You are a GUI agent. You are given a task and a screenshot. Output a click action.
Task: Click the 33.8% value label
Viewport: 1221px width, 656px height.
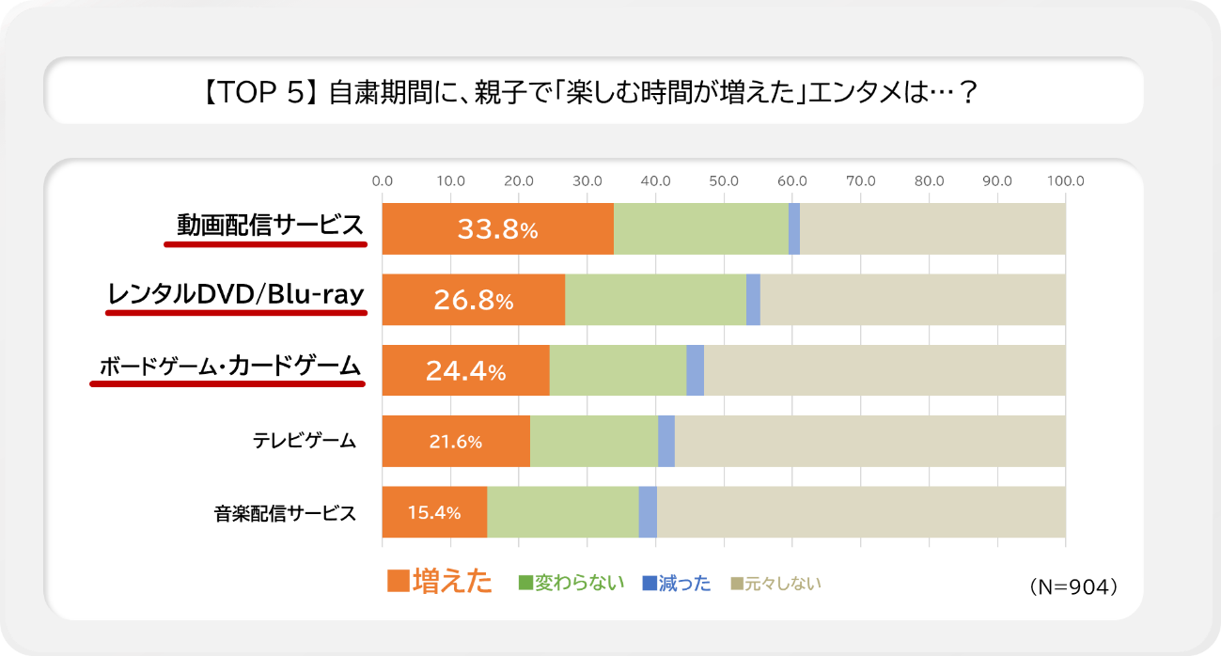pyautogui.click(x=497, y=228)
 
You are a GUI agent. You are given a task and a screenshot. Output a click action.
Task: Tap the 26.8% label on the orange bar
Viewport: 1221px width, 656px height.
pyautogui.click(x=473, y=300)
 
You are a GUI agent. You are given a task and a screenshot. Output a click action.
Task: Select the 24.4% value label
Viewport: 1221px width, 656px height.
pyautogui.click(x=465, y=371)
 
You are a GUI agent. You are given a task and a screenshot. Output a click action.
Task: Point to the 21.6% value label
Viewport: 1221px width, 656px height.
pyautogui.click(x=455, y=441)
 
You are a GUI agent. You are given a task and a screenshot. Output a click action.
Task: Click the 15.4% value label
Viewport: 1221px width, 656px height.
pyautogui.click(x=433, y=512)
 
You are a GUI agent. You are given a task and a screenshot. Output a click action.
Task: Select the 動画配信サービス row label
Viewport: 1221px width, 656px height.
pyautogui.click(x=269, y=226)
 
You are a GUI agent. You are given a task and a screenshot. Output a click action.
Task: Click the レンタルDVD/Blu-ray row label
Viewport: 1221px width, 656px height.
pyautogui.click(x=236, y=295)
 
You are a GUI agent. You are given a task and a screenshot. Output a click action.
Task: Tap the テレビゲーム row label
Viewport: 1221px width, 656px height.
pyautogui.click(x=304, y=440)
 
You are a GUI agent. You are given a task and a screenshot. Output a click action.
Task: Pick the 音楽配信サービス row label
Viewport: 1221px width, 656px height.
pyautogui.click(x=285, y=513)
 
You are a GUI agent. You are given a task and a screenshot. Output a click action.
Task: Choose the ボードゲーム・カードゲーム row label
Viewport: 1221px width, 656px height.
pyautogui.click(x=228, y=366)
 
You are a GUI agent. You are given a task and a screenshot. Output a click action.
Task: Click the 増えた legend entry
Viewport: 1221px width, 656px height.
pyautogui.click(x=440, y=582)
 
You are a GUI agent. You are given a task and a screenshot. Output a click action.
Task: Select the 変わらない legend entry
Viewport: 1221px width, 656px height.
pyautogui.click(x=571, y=583)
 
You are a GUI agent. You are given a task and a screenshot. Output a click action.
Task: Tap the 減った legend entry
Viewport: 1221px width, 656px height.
pyautogui.click(x=675, y=584)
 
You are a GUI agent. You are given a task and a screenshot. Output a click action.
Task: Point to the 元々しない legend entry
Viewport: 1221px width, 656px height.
pyautogui.click(x=775, y=584)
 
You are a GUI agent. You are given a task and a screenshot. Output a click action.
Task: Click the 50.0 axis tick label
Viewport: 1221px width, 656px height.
pyautogui.click(x=723, y=180)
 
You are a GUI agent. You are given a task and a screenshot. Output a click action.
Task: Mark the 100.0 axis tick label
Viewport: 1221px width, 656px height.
pyautogui.click(x=1065, y=180)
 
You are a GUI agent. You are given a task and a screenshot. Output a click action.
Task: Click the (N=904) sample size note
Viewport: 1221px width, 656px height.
pyautogui.click(x=1072, y=586)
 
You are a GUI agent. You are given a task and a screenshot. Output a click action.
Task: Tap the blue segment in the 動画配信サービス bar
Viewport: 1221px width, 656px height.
pyautogui.click(x=794, y=228)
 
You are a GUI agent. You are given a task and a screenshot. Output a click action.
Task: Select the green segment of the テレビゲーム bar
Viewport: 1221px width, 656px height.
pyautogui.click(x=593, y=441)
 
